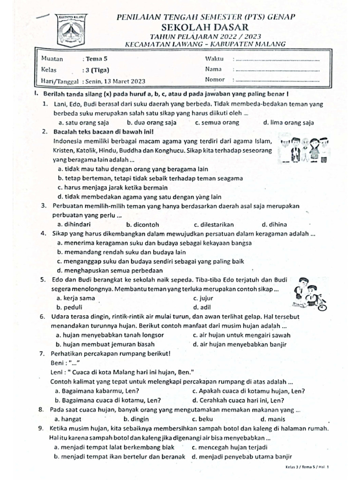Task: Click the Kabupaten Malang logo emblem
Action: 71,29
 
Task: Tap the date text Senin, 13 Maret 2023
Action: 115,81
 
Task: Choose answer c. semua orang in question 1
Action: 217,123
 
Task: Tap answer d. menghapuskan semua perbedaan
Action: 110,270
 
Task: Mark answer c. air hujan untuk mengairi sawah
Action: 241,335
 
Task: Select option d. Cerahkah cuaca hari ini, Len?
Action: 239,400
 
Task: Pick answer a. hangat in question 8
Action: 68,419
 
